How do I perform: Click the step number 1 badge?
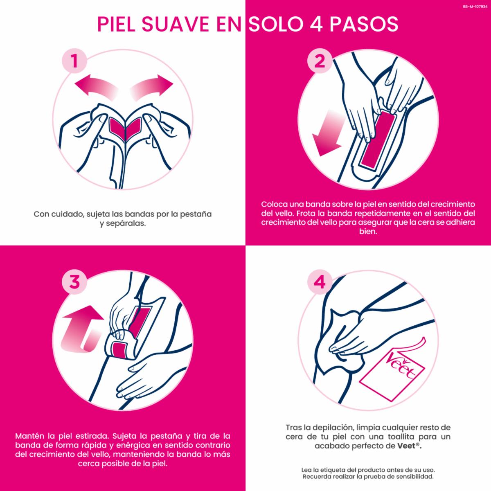point(74,61)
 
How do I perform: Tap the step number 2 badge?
point(320,61)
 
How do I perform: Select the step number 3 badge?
point(74,282)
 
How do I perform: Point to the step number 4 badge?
point(320,282)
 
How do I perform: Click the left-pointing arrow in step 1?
point(96,86)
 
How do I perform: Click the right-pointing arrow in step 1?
point(152,86)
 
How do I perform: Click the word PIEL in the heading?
point(116,25)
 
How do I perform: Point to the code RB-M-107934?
point(475,7)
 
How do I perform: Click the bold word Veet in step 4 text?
point(406,446)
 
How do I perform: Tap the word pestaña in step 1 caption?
point(196,214)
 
